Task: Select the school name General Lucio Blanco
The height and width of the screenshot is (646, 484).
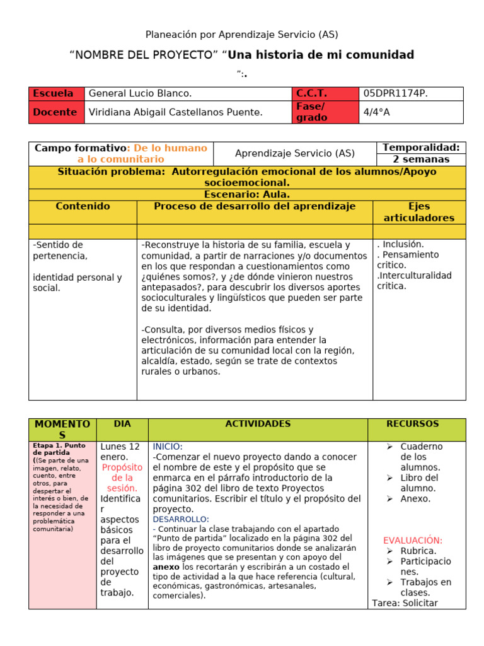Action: (140, 93)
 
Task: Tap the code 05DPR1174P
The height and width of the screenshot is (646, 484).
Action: (395, 93)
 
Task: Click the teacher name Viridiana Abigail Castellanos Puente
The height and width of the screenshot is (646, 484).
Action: (175, 112)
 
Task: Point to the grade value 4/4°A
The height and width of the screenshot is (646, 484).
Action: (377, 112)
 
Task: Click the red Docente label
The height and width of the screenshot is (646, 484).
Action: (55, 112)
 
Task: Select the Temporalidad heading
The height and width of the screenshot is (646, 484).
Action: (422, 148)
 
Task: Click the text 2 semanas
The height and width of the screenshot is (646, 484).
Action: (421, 159)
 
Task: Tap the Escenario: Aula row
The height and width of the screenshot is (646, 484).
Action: (247, 194)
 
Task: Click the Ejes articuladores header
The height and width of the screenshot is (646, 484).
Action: (419, 212)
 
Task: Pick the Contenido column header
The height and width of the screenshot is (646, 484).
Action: (83, 206)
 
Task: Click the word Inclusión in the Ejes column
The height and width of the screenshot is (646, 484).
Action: (402, 244)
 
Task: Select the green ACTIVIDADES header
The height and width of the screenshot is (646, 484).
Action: (258, 424)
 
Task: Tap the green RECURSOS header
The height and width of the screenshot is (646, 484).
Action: (417, 424)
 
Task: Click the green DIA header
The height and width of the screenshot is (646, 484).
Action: (122, 424)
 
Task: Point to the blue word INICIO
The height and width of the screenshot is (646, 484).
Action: (168, 447)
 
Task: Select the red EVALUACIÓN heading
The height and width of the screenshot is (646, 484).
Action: (413, 541)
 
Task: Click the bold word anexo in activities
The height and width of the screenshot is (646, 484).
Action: (166, 567)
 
